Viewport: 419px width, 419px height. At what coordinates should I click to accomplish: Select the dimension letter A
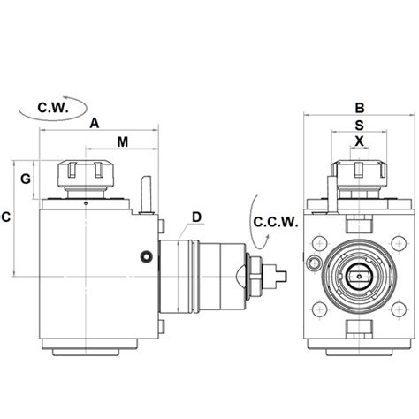94,125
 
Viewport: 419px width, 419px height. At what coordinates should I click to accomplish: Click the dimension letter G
26,179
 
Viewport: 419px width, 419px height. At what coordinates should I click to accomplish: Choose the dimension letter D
196,217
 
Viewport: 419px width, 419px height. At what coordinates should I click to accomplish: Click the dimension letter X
359,141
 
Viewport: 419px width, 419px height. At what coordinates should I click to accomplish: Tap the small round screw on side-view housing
145,256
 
